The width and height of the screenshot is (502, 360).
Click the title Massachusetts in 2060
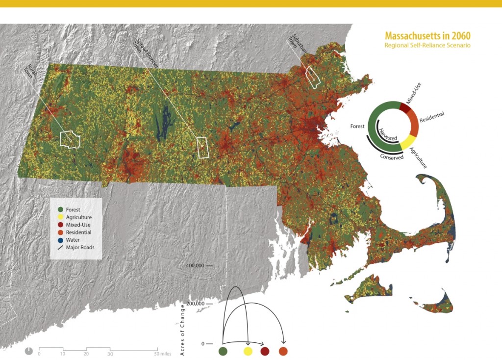pos(427,36)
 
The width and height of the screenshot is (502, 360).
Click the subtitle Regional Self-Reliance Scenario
pos(427,45)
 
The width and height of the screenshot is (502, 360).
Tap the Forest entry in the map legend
pos(73,209)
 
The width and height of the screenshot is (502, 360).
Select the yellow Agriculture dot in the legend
pos(61,217)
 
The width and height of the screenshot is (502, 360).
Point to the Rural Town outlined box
pos(70,139)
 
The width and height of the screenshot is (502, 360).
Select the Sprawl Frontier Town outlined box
pos(202,147)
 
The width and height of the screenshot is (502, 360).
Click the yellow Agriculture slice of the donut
pos(408,143)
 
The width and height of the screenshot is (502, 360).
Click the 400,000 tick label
pos(195,265)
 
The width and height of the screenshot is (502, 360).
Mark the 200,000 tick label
pos(195,304)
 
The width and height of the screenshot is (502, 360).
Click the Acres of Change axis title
pos(182,329)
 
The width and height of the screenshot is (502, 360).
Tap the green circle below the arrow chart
pos(223,351)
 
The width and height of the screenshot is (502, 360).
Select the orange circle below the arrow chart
pos(283,351)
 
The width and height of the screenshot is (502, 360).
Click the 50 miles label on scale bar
pos(162,354)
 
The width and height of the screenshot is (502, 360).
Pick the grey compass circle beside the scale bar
pos(29,351)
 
